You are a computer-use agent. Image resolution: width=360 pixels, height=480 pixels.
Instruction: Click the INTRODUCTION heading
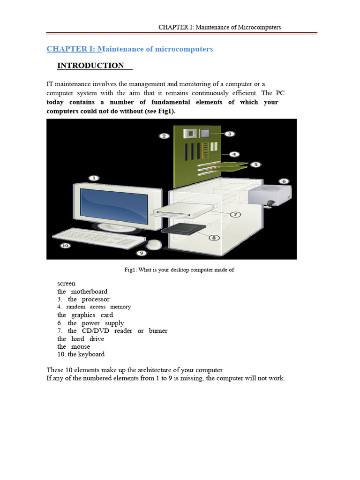(x=90, y=66)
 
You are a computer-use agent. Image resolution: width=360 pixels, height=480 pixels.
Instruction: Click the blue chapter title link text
(x=129, y=49)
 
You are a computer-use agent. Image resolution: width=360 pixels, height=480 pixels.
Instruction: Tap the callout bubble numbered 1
(x=94, y=178)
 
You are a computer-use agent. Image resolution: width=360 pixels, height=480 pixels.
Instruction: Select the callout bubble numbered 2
(x=164, y=136)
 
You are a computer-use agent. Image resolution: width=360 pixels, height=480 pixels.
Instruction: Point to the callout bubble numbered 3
(x=229, y=134)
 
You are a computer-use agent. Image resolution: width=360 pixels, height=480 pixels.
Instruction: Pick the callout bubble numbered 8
(x=214, y=238)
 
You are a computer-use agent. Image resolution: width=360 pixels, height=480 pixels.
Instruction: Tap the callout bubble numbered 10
(x=65, y=245)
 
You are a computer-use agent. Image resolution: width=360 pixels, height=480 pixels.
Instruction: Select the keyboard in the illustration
(x=98, y=238)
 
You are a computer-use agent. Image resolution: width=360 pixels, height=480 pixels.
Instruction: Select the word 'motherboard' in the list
(x=89, y=292)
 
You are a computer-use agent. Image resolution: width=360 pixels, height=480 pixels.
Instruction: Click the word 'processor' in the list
(x=96, y=300)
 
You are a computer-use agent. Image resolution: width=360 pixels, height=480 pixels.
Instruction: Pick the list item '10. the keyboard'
(x=81, y=354)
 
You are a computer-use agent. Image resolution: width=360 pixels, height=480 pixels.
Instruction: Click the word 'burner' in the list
(x=158, y=331)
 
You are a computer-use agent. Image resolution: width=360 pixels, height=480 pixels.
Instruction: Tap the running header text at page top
(x=219, y=27)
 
